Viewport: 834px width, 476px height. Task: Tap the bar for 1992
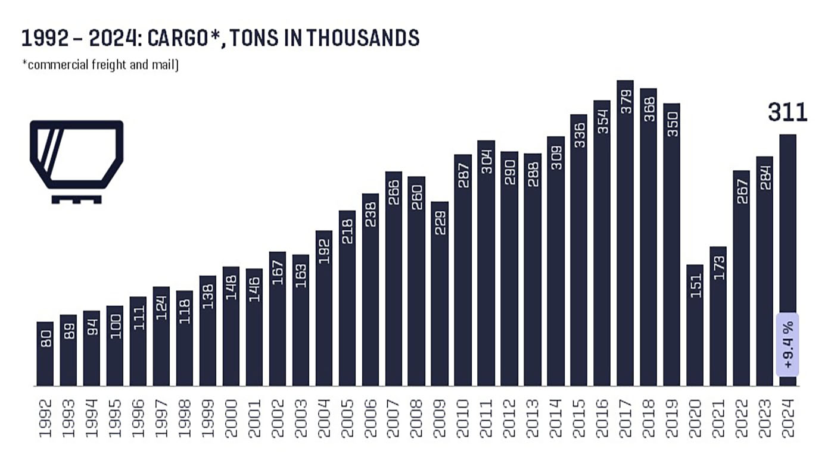(45, 354)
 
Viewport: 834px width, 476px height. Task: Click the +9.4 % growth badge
(788, 345)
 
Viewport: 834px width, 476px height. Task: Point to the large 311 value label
(788, 112)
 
